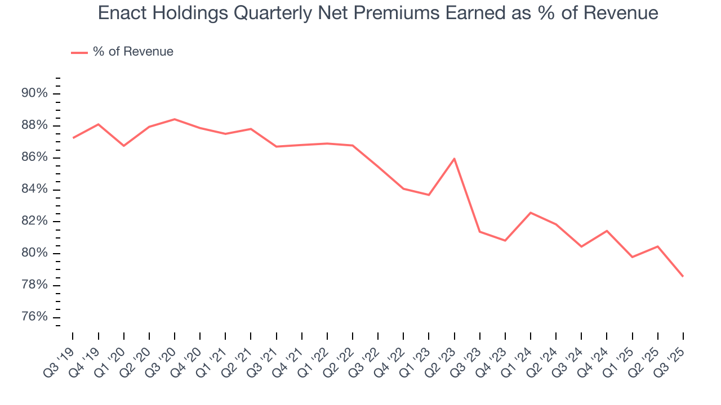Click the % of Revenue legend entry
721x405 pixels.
[133, 52]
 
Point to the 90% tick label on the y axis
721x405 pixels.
[34, 93]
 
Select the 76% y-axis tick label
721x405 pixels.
[34, 317]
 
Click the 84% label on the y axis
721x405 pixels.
[34, 190]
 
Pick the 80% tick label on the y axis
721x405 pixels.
[34, 253]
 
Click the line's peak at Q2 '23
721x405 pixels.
[454, 159]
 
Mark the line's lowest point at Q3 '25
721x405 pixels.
[683, 276]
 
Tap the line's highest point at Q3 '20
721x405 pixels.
[175, 119]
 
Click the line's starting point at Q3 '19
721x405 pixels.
[73, 138]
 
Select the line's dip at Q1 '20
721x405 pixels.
[124, 146]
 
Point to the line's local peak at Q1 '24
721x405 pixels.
[531, 213]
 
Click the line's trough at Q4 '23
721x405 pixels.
[505, 241]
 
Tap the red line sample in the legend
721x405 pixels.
[79, 52]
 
